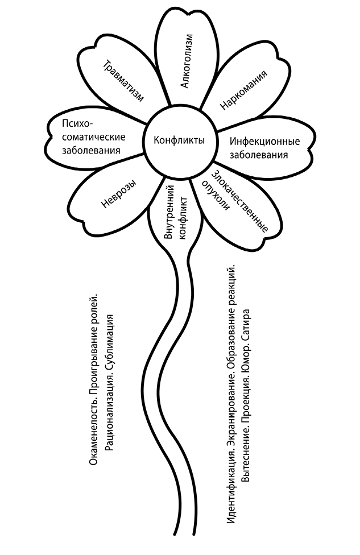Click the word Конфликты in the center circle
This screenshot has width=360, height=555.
point(180,140)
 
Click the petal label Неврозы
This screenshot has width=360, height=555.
point(118,194)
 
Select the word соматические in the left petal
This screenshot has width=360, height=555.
point(93,137)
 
